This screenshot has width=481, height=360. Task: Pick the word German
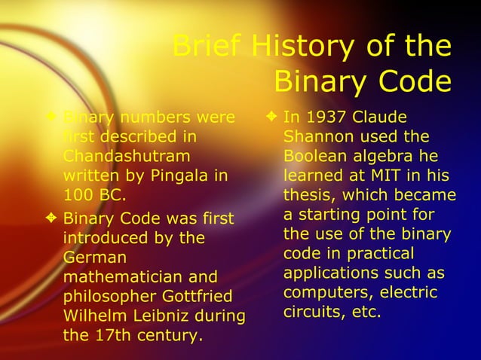tap(91, 258)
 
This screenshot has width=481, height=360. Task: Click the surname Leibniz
tap(168, 316)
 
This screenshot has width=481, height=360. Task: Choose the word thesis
tap(309, 196)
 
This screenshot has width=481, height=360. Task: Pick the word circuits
tap(309, 312)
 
